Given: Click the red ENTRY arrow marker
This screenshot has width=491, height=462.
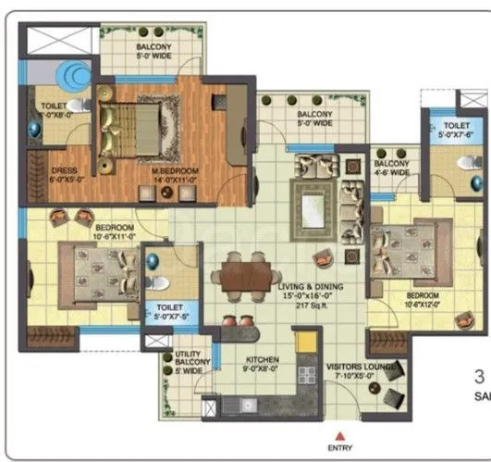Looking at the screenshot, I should click(x=340, y=434).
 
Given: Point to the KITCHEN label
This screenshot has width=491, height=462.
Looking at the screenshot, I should click(x=262, y=360).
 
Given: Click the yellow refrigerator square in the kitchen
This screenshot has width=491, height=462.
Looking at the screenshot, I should click(x=305, y=341).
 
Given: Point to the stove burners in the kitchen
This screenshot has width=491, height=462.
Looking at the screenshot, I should click(x=304, y=375).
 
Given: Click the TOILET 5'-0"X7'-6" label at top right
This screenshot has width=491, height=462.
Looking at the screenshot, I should click(x=457, y=129).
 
